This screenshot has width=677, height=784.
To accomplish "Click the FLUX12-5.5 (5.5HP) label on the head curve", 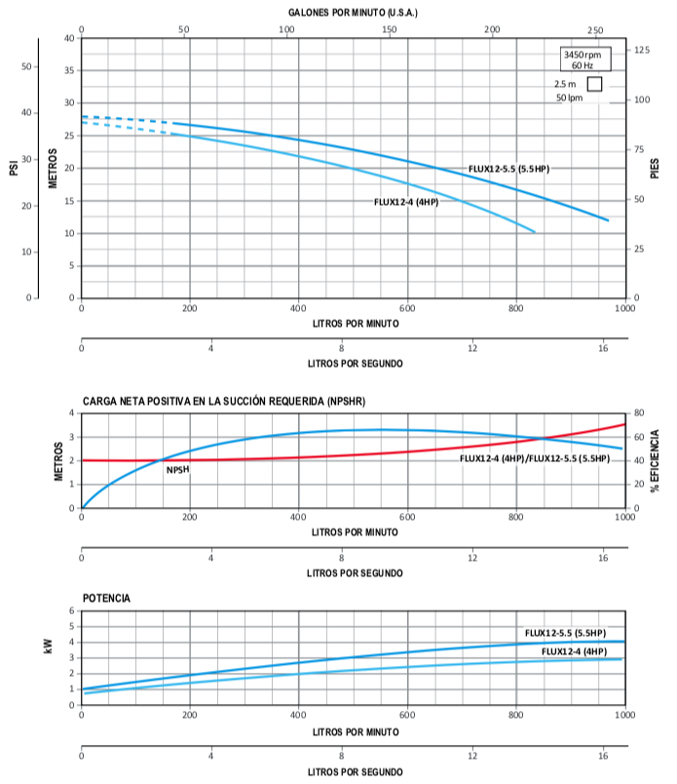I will pyautogui.click(x=508, y=169).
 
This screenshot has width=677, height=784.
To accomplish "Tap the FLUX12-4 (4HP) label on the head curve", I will pyautogui.click(x=405, y=202).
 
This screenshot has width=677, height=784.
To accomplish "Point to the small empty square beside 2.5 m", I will pyautogui.click(x=594, y=84).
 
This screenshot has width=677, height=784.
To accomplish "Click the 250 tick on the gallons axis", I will pyautogui.click(x=595, y=30).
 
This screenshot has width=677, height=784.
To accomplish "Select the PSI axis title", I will pyautogui.click(x=14, y=168).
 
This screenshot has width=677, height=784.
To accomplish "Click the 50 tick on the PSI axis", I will pyautogui.click(x=26, y=66).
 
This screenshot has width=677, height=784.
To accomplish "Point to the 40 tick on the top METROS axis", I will pyautogui.click(x=68, y=38).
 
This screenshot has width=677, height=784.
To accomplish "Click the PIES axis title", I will pyautogui.click(x=655, y=168).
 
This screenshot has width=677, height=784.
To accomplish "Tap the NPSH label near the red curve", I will pyautogui.click(x=177, y=470).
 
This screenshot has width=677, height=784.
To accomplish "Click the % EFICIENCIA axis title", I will pyautogui.click(x=656, y=460).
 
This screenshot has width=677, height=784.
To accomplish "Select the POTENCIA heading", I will pyautogui.click(x=107, y=598).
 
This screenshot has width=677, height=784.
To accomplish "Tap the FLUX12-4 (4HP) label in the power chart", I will pyautogui.click(x=574, y=650).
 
